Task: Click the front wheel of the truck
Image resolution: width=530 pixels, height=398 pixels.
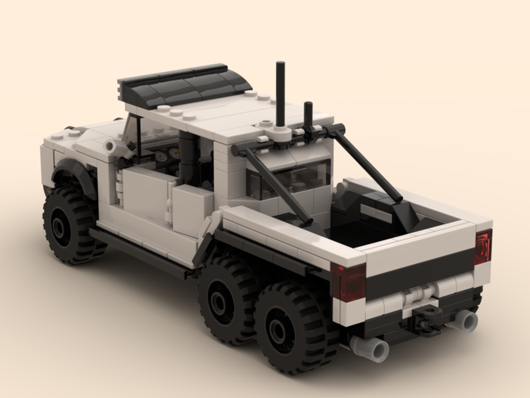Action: pos(69,226)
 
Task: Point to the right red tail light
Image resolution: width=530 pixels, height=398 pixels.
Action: pos(483,246)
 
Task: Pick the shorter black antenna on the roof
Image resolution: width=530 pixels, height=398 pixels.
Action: pos(308,114)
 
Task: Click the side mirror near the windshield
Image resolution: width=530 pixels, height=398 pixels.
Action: pos(112,146)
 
